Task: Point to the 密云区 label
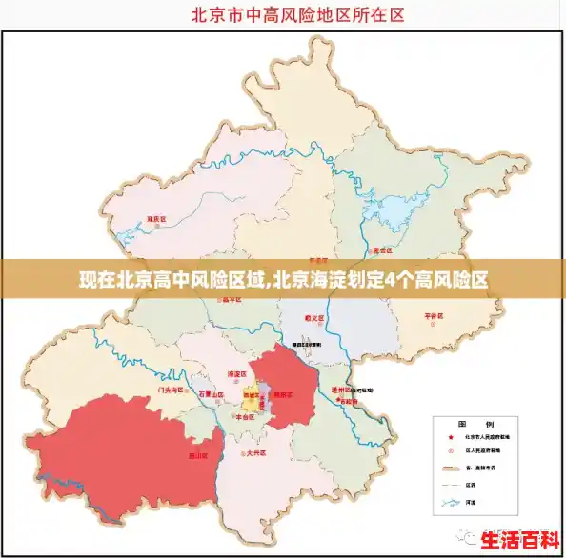tap(383, 249)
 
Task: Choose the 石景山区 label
tap(211, 393)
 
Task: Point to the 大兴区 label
tap(255, 454)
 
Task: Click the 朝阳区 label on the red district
tap(284, 393)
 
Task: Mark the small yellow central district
tap(253, 392)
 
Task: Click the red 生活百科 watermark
tap(520, 539)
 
